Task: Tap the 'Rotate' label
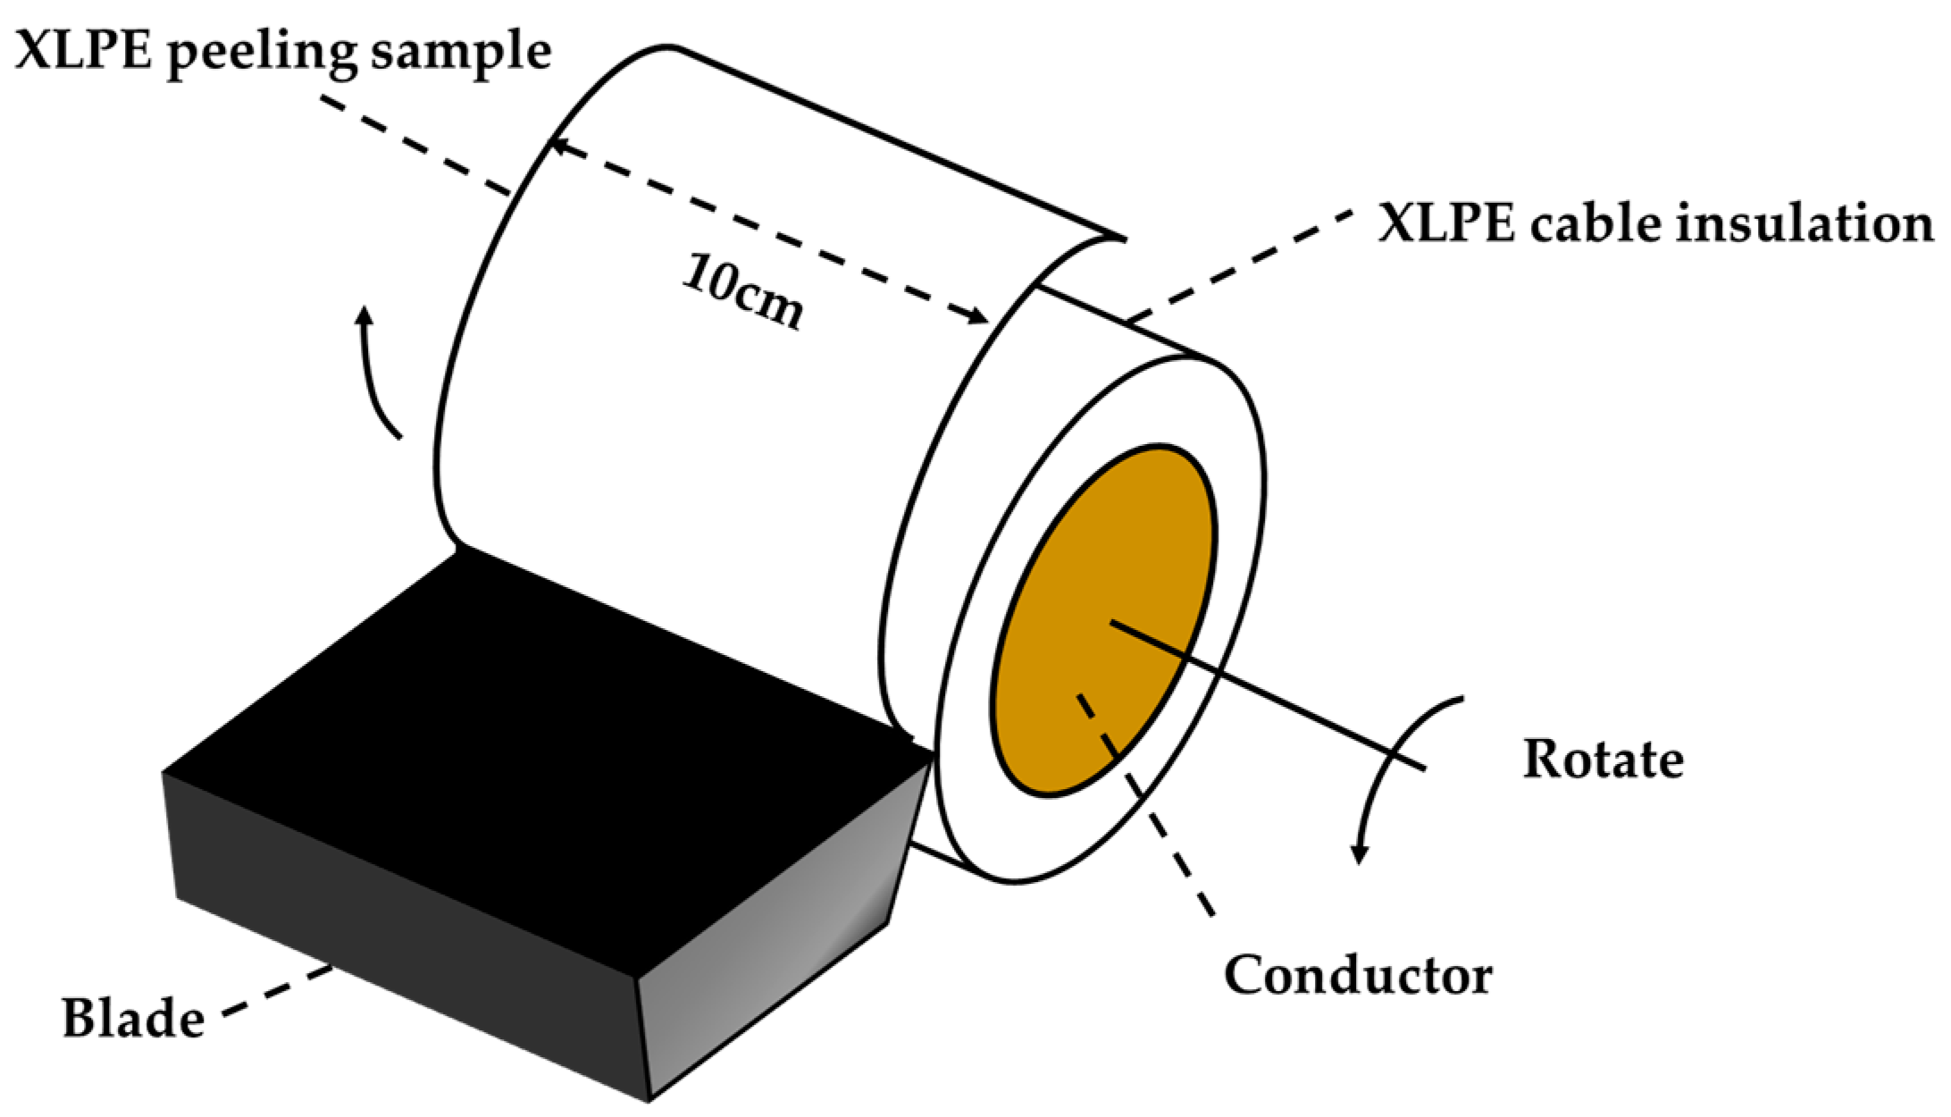coord(1603,760)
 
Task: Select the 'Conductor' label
coord(1358,975)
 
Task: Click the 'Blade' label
coord(132,1019)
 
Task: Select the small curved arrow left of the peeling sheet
coord(375,375)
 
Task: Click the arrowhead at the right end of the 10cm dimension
coord(978,316)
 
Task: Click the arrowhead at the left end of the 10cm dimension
coord(558,146)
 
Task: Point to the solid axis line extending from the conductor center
coord(1295,706)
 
